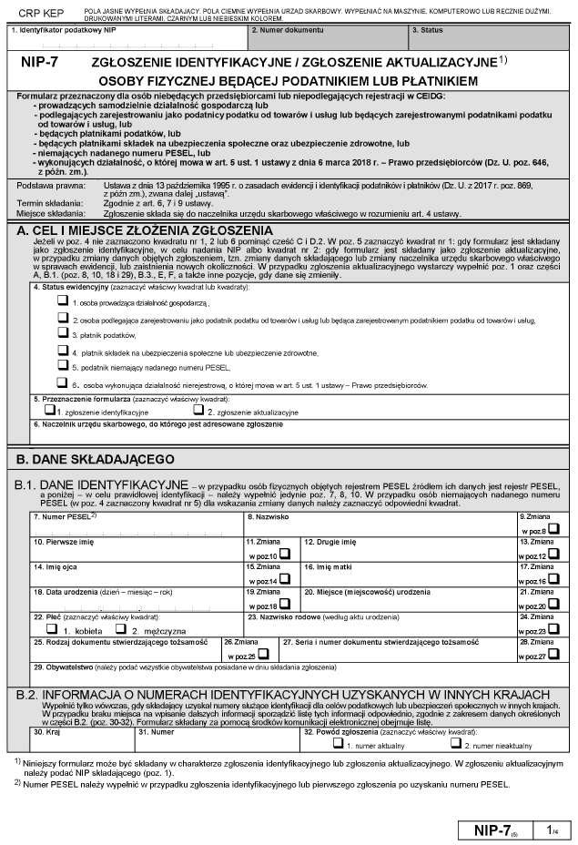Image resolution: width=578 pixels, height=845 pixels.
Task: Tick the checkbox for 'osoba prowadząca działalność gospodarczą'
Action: click(x=62, y=300)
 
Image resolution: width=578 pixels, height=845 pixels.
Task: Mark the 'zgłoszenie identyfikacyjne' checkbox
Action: click(x=37, y=411)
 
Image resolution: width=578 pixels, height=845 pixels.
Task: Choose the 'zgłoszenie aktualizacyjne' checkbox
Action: click(x=198, y=411)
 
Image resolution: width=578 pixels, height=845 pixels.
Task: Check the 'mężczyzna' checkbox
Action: click(x=122, y=630)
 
